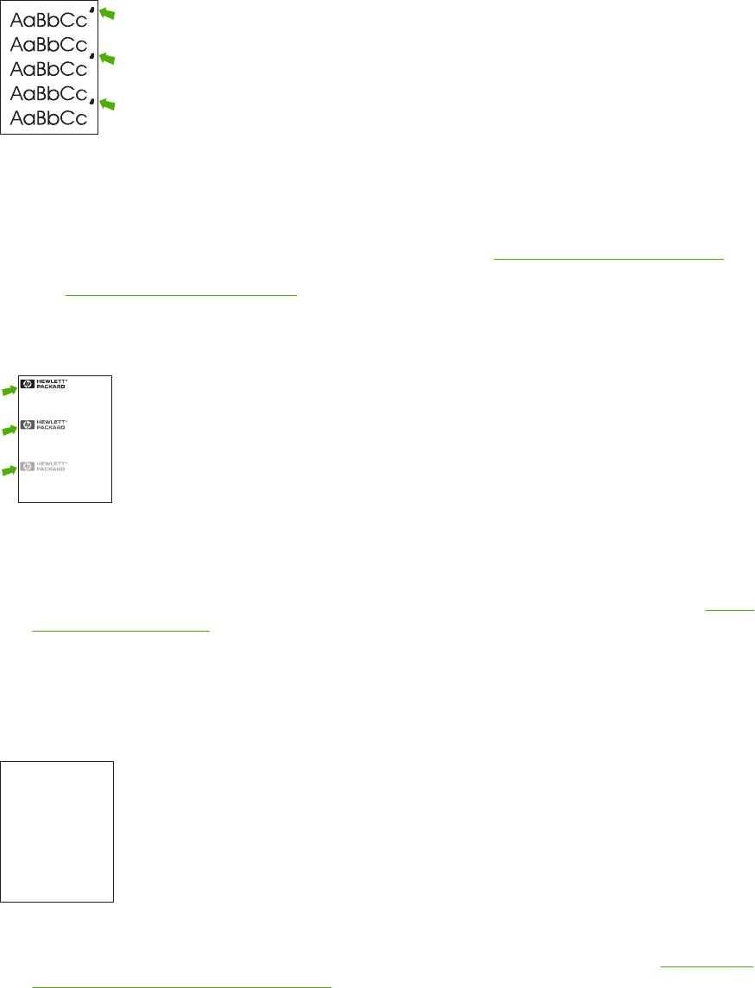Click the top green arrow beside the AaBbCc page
pyautogui.click(x=107, y=13)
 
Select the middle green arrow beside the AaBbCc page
pyautogui.click(x=107, y=59)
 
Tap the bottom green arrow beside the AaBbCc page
pyautogui.click(x=107, y=105)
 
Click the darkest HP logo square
pyautogui.click(x=28, y=385)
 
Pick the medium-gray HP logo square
pyautogui.click(x=28, y=425)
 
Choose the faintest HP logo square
pyautogui.click(x=28, y=467)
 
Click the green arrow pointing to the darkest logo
pyautogui.click(x=9, y=390)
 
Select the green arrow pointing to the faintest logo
pyautogui.click(x=9, y=470)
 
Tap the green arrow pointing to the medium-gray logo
pyautogui.click(x=9, y=430)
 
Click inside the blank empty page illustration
pyautogui.click(x=57, y=831)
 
